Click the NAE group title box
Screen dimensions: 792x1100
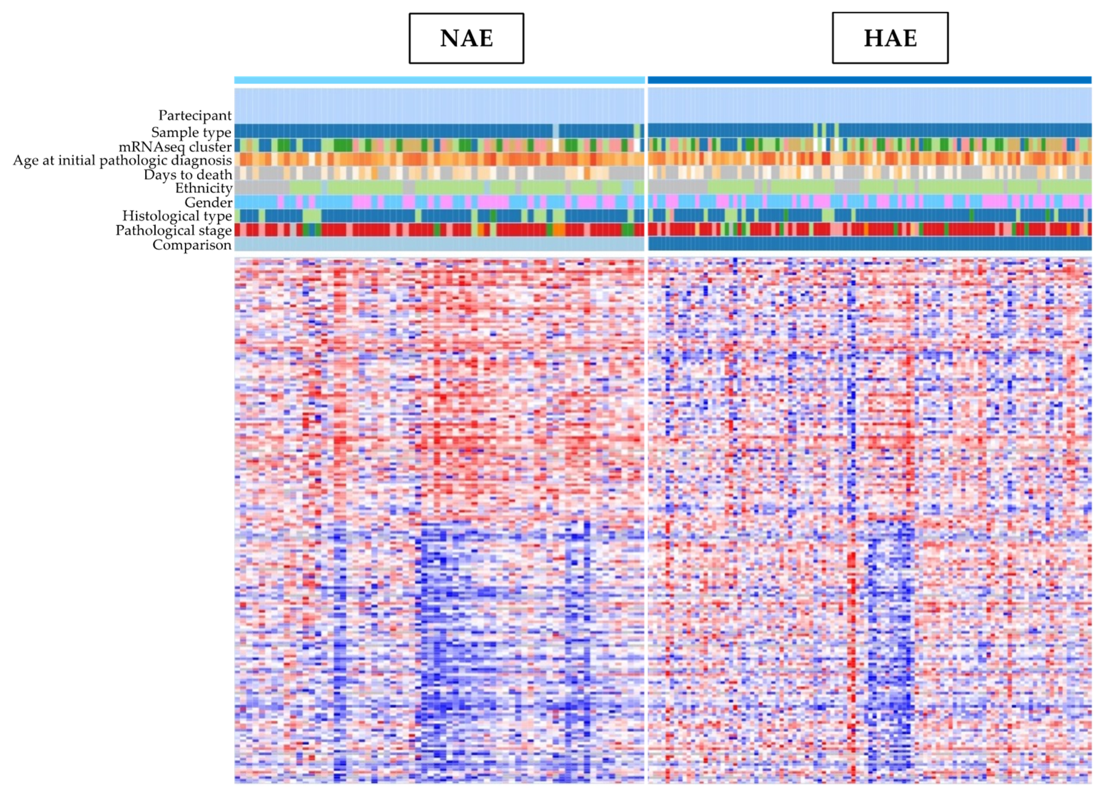coord(466,38)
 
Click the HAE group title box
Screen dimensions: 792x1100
coord(890,38)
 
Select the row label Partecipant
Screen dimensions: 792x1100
coord(195,115)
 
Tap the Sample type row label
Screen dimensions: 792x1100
coord(191,132)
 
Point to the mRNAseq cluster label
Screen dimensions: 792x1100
coord(175,146)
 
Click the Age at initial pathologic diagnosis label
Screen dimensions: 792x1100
coord(122,161)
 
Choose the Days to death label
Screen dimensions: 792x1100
coord(188,175)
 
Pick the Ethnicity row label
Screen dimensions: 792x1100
coord(204,188)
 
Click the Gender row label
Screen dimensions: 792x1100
coord(208,202)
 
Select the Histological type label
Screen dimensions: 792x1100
coord(177,216)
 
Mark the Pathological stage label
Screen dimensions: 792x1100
coord(174,230)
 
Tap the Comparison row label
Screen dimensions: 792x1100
coord(192,245)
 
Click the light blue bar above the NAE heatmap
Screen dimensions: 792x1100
coord(439,80)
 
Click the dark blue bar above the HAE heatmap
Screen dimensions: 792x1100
coord(870,80)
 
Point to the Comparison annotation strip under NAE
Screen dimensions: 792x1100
coord(439,243)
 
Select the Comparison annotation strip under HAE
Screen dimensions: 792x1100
coord(870,243)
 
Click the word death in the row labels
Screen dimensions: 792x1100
coord(214,175)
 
